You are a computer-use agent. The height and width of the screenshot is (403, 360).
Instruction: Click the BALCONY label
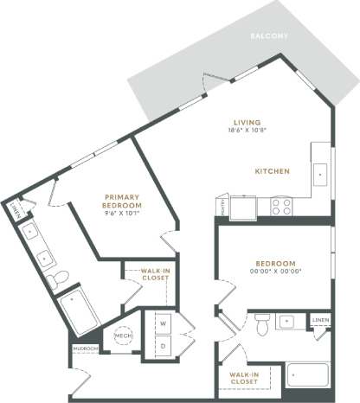268,36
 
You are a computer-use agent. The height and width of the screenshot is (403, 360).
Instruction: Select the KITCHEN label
272,170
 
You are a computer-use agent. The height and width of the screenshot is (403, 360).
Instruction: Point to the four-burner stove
282,206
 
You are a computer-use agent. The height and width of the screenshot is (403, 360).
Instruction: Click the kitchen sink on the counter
320,173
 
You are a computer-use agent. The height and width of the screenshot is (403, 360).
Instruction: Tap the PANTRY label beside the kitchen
223,207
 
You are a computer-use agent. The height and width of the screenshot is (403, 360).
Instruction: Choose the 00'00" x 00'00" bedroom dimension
275,272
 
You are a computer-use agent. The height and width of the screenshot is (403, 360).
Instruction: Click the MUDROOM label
86,349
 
